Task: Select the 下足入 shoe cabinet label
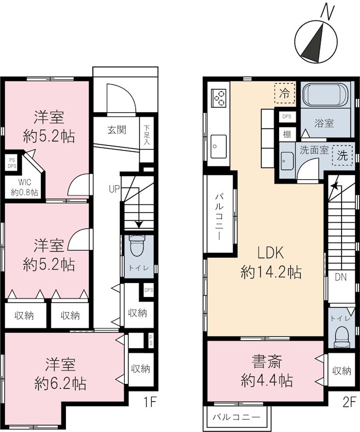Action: tap(147, 135)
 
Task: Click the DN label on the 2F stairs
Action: tap(340, 278)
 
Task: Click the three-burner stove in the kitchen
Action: tap(219, 97)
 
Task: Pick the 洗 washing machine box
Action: tap(342, 156)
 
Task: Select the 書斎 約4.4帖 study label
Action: tap(267, 372)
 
